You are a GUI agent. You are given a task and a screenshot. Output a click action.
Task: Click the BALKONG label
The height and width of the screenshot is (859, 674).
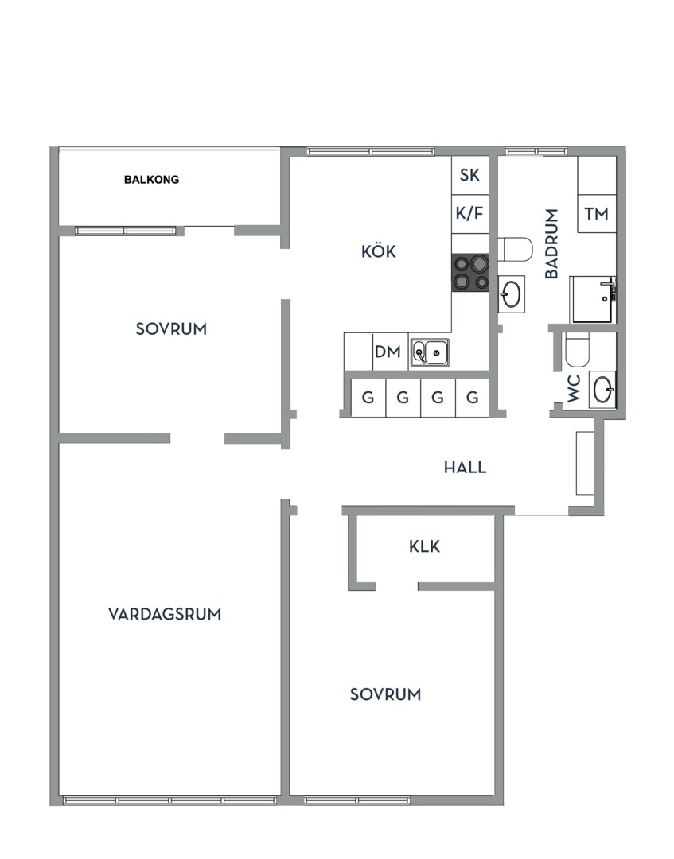(151, 180)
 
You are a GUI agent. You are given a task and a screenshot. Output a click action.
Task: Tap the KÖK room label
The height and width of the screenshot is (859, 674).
(378, 252)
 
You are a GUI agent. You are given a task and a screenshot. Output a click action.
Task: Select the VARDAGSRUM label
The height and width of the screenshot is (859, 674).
(165, 614)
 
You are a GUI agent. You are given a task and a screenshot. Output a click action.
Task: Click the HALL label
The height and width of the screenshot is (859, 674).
(465, 468)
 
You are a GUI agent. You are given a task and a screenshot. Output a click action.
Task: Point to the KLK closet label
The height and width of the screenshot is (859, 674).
(424, 547)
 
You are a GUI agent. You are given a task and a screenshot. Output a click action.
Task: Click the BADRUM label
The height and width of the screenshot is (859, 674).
(551, 243)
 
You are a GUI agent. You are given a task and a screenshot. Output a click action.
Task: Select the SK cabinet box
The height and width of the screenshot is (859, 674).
(470, 175)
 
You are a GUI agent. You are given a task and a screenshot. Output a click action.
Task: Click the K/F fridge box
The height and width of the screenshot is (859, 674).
(470, 213)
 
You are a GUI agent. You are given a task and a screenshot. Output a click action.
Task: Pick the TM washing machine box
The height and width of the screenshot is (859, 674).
(596, 213)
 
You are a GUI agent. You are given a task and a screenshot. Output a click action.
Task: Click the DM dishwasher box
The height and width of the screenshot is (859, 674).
(388, 352)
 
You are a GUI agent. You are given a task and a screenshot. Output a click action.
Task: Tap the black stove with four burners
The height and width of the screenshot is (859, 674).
(470, 272)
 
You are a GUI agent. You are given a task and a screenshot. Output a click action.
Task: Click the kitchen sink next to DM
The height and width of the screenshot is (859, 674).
(430, 352)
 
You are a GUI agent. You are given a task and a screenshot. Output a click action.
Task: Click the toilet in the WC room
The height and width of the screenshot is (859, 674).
(576, 348)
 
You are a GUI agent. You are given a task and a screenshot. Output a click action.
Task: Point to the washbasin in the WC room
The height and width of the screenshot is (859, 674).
(602, 390)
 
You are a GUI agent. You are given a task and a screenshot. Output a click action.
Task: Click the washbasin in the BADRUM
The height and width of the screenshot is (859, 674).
(511, 293)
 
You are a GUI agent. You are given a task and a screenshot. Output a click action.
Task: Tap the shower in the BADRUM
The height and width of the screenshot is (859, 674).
(594, 299)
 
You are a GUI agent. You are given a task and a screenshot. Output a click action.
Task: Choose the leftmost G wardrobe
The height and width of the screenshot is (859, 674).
(368, 398)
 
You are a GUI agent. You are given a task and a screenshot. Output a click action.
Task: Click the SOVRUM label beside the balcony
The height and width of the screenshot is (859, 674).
(171, 328)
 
